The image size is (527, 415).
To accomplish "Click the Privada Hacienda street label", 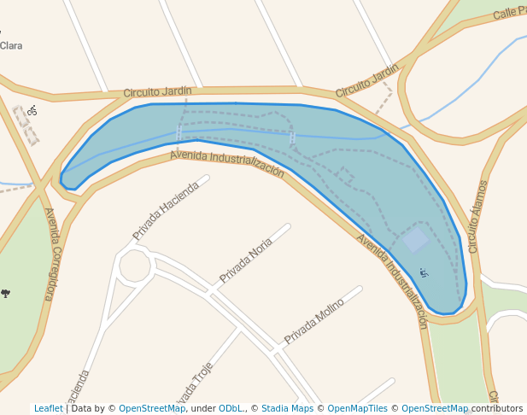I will pyautogui.click(x=166, y=210).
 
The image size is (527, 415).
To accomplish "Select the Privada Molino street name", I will pyautogui.click(x=313, y=320).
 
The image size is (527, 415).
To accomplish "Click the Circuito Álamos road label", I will pyautogui.click(x=478, y=216).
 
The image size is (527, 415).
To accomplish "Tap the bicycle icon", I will pyautogui.click(x=32, y=110).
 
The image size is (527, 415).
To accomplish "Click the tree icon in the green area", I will pyautogui.click(x=6, y=293).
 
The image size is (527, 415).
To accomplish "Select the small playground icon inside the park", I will pyautogui.click(x=423, y=273).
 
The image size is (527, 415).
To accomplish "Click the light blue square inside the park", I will pyautogui.click(x=414, y=240).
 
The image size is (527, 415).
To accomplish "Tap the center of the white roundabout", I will pyautogui.click(x=134, y=266).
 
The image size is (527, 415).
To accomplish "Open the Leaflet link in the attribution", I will pyautogui.click(x=49, y=408).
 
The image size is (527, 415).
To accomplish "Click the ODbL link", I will pyautogui.click(x=230, y=408).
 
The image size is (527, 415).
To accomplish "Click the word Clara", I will pyautogui.click(x=11, y=45).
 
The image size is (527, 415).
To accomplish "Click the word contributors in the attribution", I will pyautogui.click(x=497, y=408).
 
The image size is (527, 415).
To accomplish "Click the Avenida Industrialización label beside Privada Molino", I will pyautogui.click(x=392, y=281).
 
